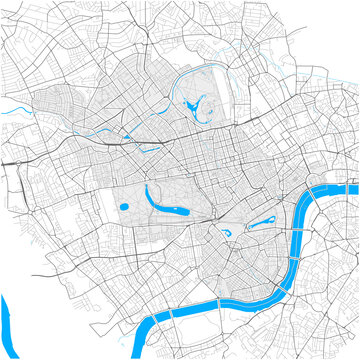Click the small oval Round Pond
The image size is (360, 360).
(x=123, y=207)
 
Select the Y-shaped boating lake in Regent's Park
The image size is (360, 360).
(x=192, y=103)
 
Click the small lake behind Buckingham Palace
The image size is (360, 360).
(x=226, y=234)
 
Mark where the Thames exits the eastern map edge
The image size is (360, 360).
(x=354, y=187)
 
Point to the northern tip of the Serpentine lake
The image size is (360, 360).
(x=147, y=185)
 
